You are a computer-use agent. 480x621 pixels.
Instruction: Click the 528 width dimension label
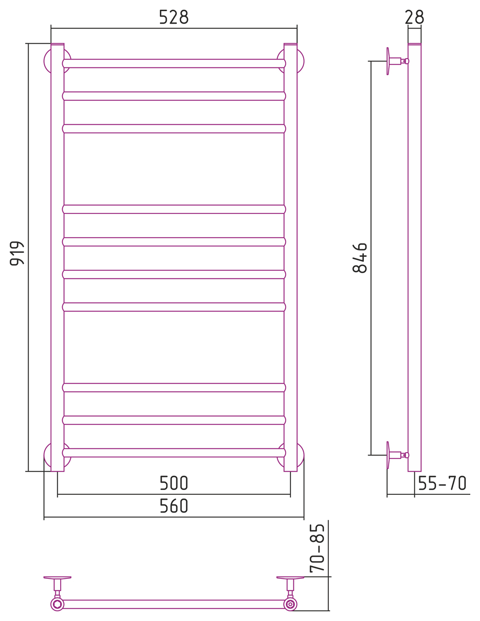pos(173,17)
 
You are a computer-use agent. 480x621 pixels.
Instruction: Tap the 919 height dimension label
pos(17,253)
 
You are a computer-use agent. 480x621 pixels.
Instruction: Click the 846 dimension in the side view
pos(360,258)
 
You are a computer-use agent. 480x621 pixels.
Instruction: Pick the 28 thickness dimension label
pos(414,17)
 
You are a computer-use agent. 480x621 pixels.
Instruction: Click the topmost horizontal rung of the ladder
pos(174,64)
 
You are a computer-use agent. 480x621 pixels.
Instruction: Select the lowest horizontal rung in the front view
pos(174,453)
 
